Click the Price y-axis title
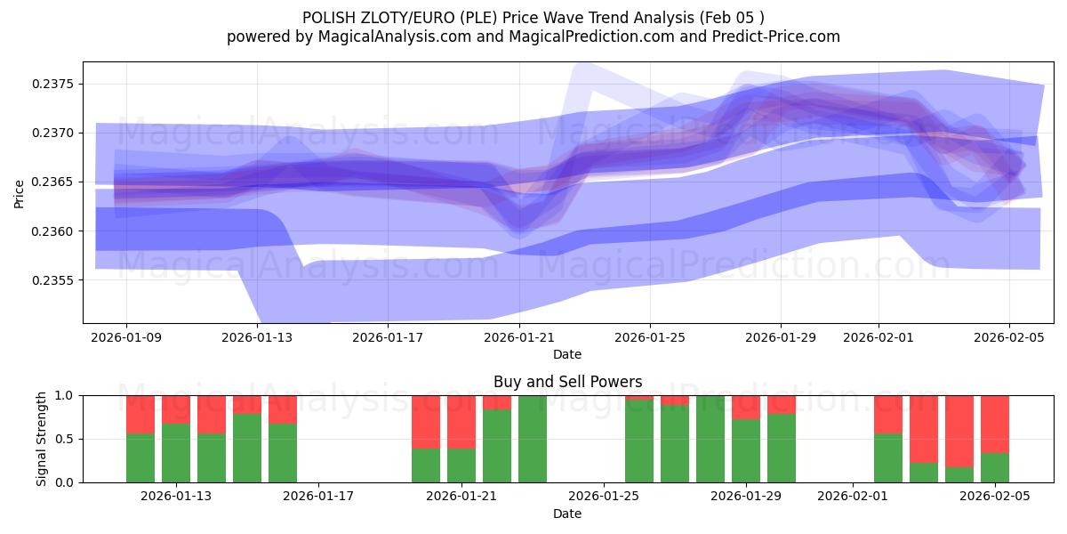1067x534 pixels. pos(20,192)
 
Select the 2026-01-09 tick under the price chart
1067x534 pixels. pos(126,337)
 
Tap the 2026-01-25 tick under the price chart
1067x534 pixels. pos(649,337)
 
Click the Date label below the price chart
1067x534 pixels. pos(567,354)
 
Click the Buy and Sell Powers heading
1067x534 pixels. pos(567,382)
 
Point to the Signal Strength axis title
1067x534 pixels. pos(42,438)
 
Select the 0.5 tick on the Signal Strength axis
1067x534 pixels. pos(66,439)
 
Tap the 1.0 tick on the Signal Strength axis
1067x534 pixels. pos(66,395)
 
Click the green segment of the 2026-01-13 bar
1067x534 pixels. pos(176,453)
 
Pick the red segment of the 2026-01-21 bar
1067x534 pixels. pos(461,421)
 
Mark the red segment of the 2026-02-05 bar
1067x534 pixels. pos(995,424)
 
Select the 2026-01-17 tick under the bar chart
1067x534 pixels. pos(318,497)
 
